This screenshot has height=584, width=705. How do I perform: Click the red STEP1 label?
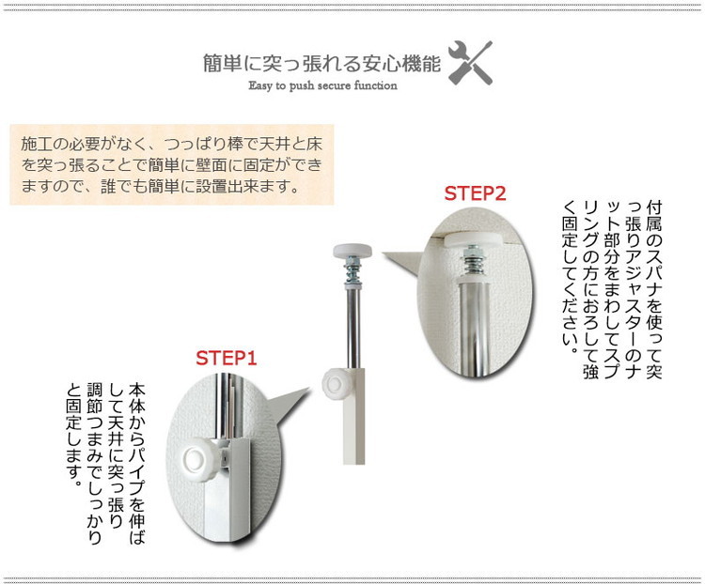tap(227, 358)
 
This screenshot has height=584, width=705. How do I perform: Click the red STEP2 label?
tap(476, 193)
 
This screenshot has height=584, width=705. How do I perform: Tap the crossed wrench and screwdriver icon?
tap(470, 63)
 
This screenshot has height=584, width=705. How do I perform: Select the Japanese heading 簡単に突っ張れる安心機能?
tap(321, 63)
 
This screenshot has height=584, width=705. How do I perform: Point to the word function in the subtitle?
tap(375, 85)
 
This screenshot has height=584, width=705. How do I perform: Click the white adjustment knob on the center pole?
tap(335, 383)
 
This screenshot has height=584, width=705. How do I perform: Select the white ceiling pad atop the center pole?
tap(352, 251)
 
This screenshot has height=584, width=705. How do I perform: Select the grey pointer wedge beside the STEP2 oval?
tap(402, 264)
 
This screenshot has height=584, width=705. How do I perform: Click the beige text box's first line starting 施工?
tap(171, 145)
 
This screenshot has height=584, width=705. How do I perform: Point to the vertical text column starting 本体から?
tap(136, 463)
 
